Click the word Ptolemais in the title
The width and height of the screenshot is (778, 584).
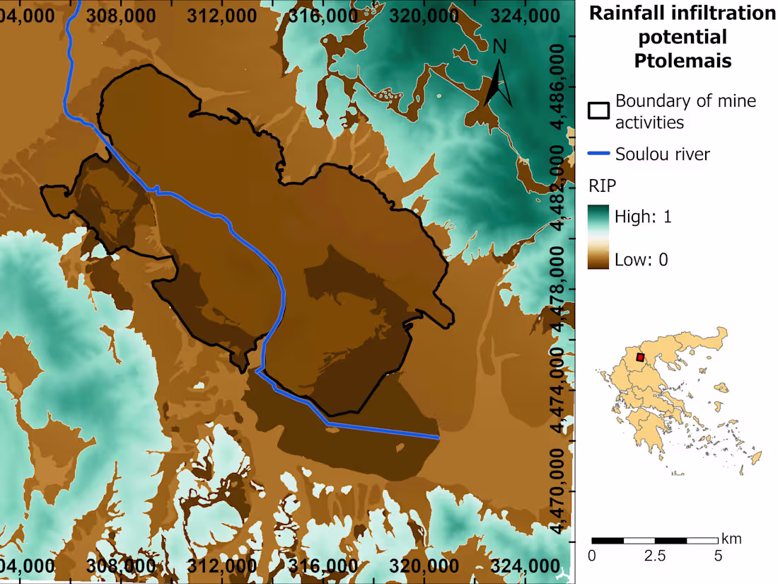click(683, 60)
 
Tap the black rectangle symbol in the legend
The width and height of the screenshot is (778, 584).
click(599, 111)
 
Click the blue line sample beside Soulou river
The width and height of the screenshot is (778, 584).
click(599, 154)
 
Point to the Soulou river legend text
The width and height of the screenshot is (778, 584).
click(662, 154)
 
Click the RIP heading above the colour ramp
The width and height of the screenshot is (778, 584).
click(602, 186)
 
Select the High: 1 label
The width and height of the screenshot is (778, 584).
click(643, 217)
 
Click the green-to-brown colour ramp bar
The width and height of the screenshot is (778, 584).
click(598, 237)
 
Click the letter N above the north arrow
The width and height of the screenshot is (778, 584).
click(500, 47)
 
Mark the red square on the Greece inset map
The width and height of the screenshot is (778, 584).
click(640, 357)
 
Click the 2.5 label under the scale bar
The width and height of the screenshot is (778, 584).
click(655, 556)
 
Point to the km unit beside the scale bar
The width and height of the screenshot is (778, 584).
click(731, 539)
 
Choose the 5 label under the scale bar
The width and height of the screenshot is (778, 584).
click(718, 556)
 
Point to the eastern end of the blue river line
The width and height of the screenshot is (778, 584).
click(439, 438)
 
